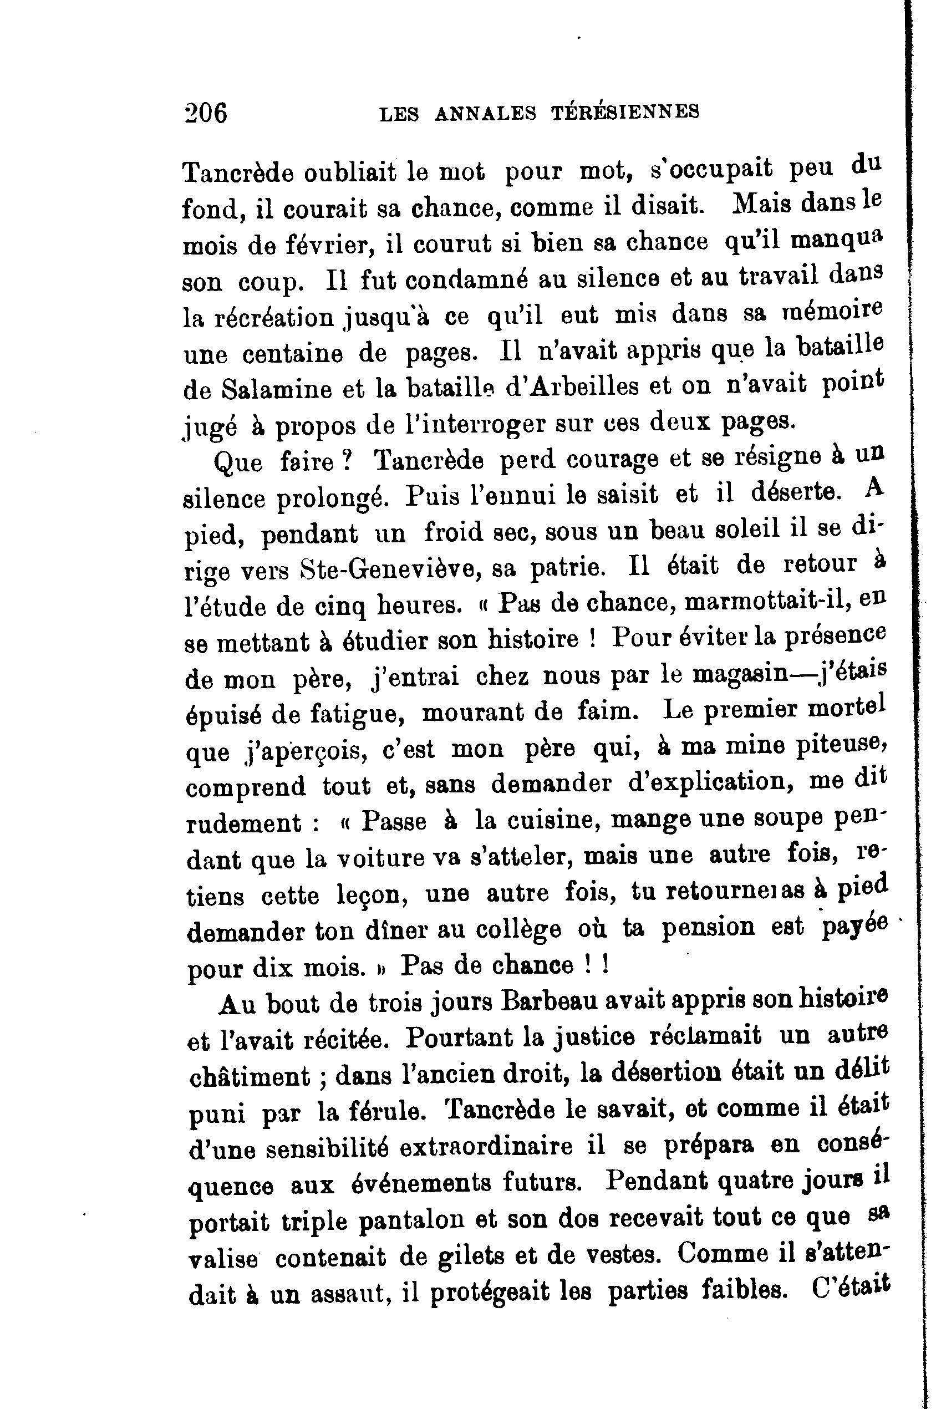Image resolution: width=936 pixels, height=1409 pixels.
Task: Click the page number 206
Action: pos(206,112)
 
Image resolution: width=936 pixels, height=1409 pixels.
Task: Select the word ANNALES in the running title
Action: pos(485,113)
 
